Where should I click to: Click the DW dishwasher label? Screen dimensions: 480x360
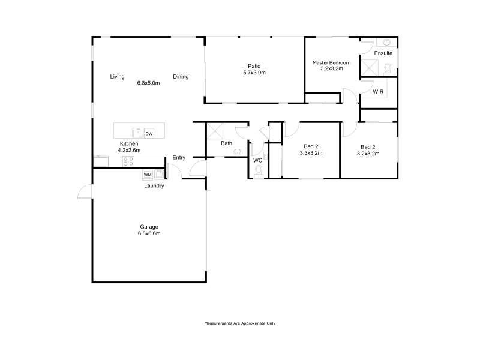click(x=149, y=134)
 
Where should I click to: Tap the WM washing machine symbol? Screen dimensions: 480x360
click(x=148, y=175)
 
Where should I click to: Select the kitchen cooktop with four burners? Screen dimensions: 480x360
click(x=128, y=161)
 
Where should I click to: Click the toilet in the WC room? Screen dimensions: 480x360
click(x=259, y=170)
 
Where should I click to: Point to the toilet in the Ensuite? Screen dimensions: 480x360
click(x=388, y=68)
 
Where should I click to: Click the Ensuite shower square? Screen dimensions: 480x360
click(x=370, y=67)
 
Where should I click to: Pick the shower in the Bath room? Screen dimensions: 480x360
click(x=215, y=131)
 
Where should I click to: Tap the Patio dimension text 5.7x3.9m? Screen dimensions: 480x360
click(x=254, y=73)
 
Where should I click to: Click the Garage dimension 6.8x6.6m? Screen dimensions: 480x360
click(x=149, y=233)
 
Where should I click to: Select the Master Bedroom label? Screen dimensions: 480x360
click(x=332, y=62)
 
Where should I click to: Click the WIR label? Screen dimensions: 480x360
click(x=378, y=92)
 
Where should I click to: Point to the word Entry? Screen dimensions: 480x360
click(x=179, y=158)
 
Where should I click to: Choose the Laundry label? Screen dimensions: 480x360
click(x=154, y=186)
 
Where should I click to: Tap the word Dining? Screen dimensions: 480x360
click(x=181, y=77)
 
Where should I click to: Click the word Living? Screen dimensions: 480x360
click(x=117, y=77)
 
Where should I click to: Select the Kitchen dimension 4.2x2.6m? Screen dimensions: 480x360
click(x=129, y=151)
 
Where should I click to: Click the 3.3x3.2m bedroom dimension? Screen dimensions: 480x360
click(x=311, y=153)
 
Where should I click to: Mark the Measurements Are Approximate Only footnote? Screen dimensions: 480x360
click(x=239, y=323)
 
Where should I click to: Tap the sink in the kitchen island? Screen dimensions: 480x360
click(x=138, y=133)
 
